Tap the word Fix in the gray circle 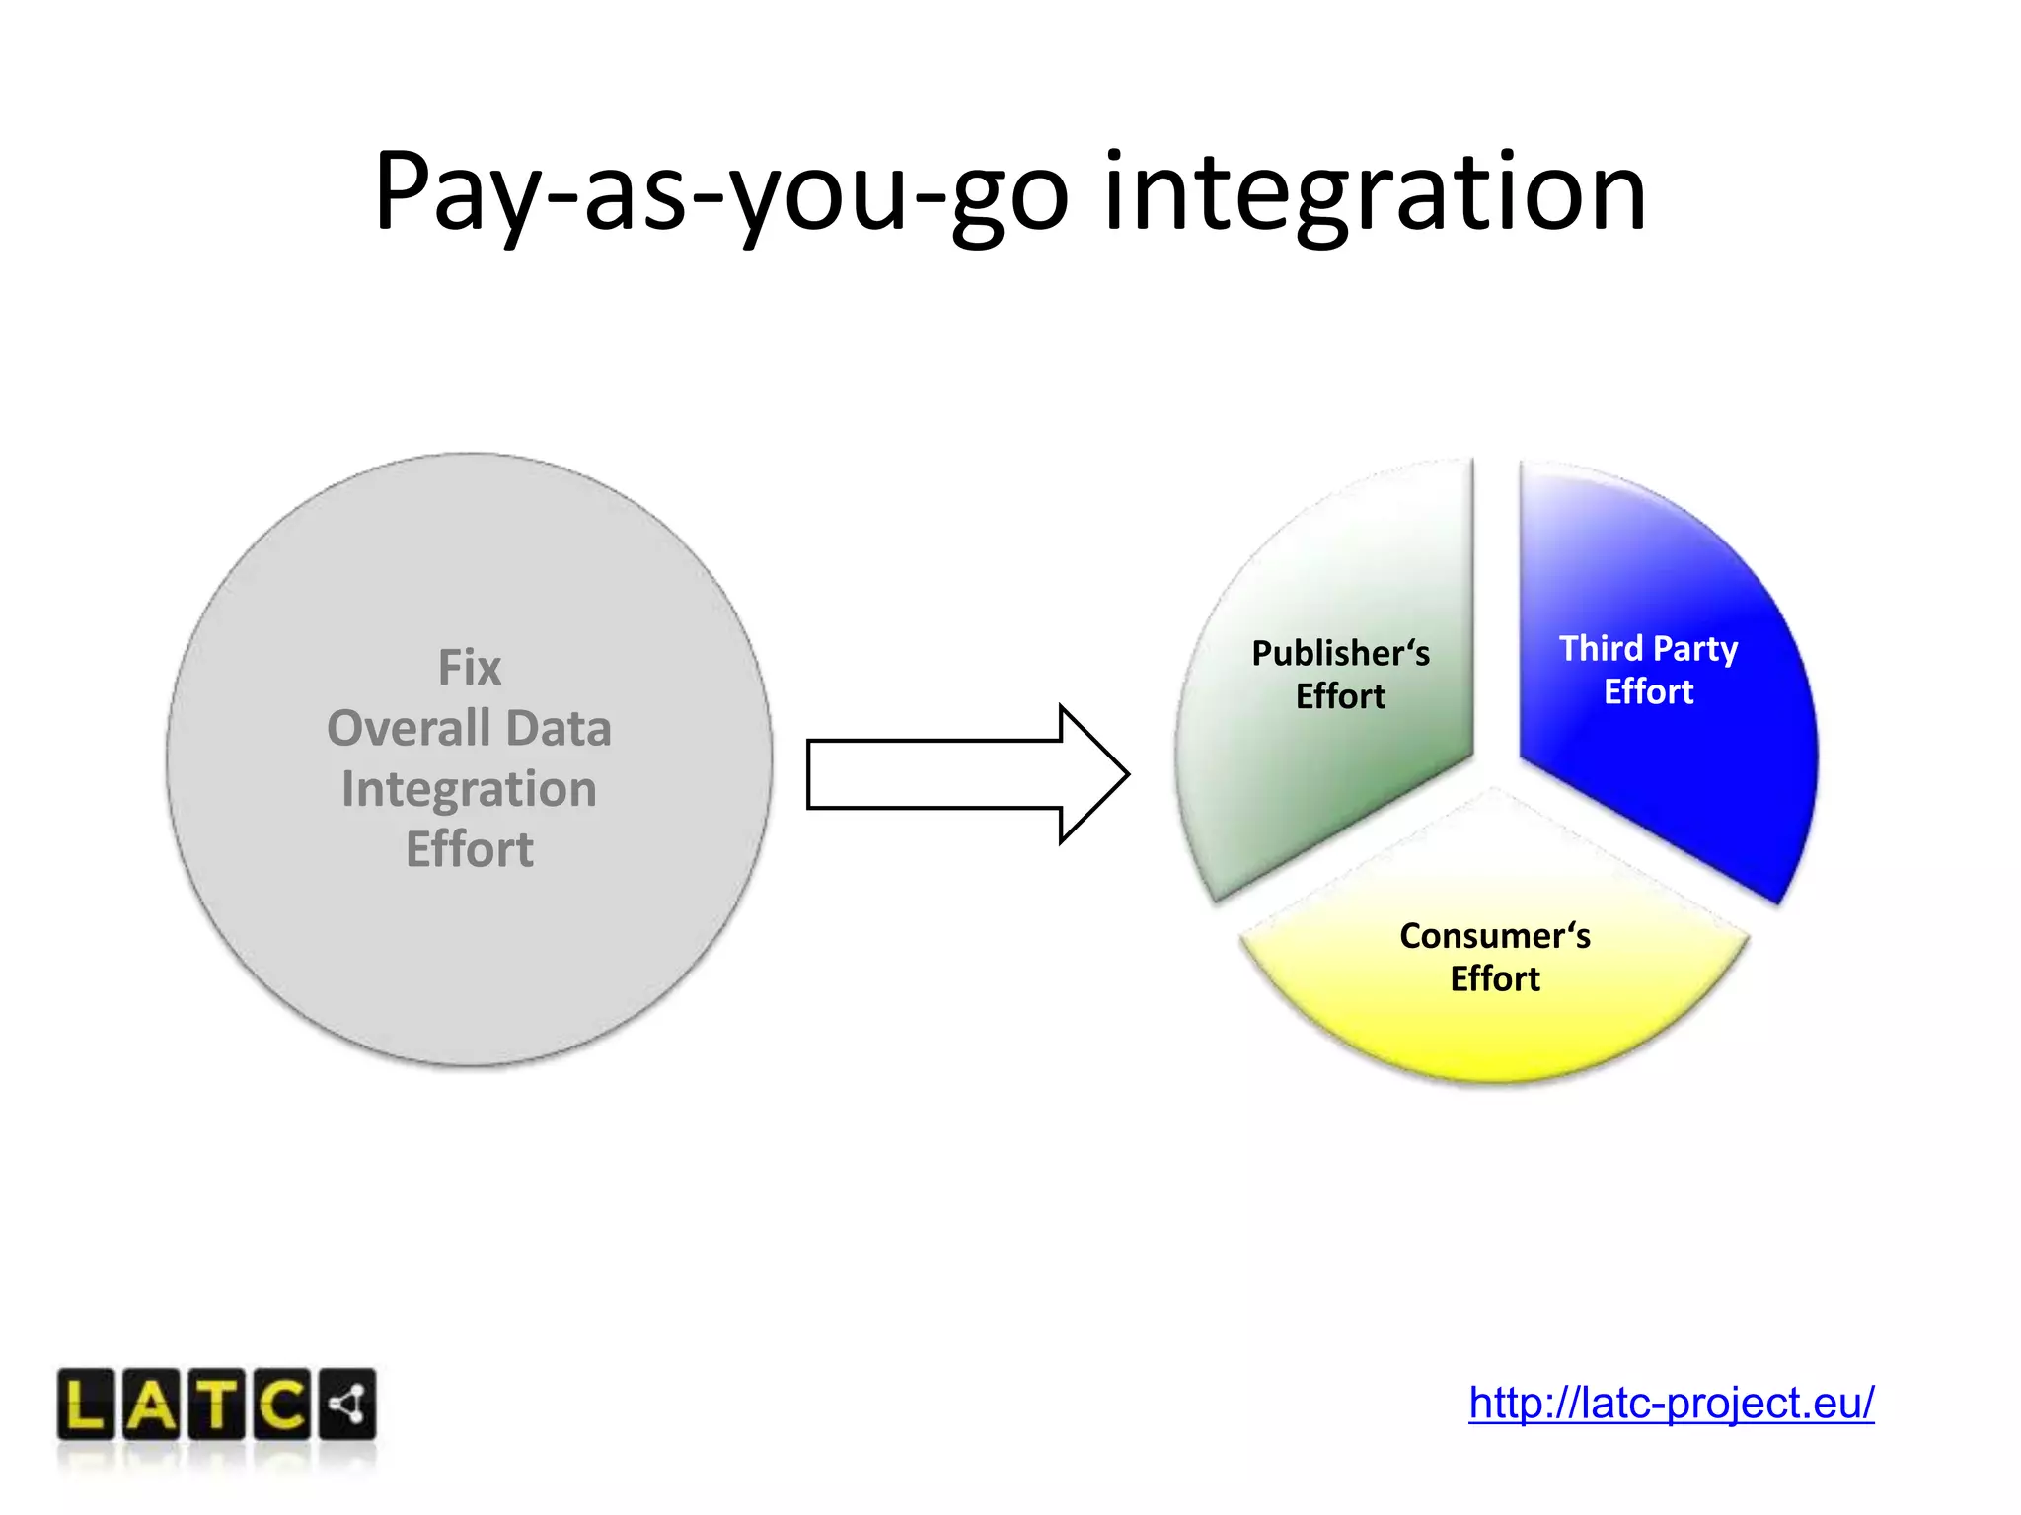click(470, 668)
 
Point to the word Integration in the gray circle click(470, 789)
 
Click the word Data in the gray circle click(560, 729)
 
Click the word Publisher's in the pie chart click(1340, 653)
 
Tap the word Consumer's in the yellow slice click(1494, 935)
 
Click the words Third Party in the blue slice click(1648, 648)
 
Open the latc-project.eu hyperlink click(1671, 1403)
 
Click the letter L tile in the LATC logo click(86, 1405)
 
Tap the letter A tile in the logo click(152, 1405)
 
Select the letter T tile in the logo click(218, 1405)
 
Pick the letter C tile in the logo click(283, 1405)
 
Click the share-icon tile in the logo click(347, 1405)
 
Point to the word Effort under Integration click(470, 849)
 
